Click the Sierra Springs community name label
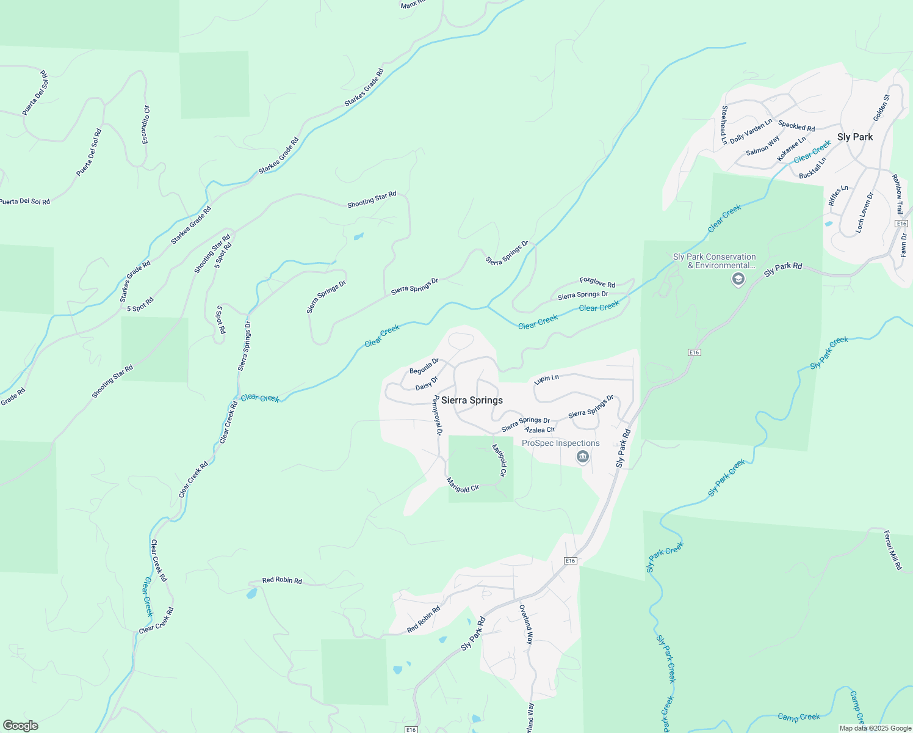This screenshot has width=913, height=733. tap(472, 400)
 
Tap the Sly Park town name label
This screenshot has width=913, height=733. tap(854, 137)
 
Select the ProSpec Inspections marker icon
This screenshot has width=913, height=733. tap(583, 457)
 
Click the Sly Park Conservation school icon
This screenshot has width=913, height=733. tap(738, 280)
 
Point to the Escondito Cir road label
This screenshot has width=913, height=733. tap(146, 125)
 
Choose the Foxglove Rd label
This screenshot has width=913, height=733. tap(597, 282)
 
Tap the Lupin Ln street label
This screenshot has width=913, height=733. tap(546, 379)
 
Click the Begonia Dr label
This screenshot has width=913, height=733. tap(424, 366)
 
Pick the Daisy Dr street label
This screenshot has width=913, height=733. tap(427, 384)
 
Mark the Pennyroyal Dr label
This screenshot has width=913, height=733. tap(436, 415)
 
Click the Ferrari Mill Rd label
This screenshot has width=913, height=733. tap(892, 550)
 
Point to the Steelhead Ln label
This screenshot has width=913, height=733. tap(724, 125)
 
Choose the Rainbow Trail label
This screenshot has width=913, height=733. tap(898, 194)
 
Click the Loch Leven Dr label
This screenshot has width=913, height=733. tap(865, 212)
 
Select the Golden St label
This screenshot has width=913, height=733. tap(881, 108)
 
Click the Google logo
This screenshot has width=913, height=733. tap(20, 726)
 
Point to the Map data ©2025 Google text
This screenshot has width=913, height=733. tap(875, 728)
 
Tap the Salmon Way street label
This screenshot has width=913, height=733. tap(763, 145)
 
